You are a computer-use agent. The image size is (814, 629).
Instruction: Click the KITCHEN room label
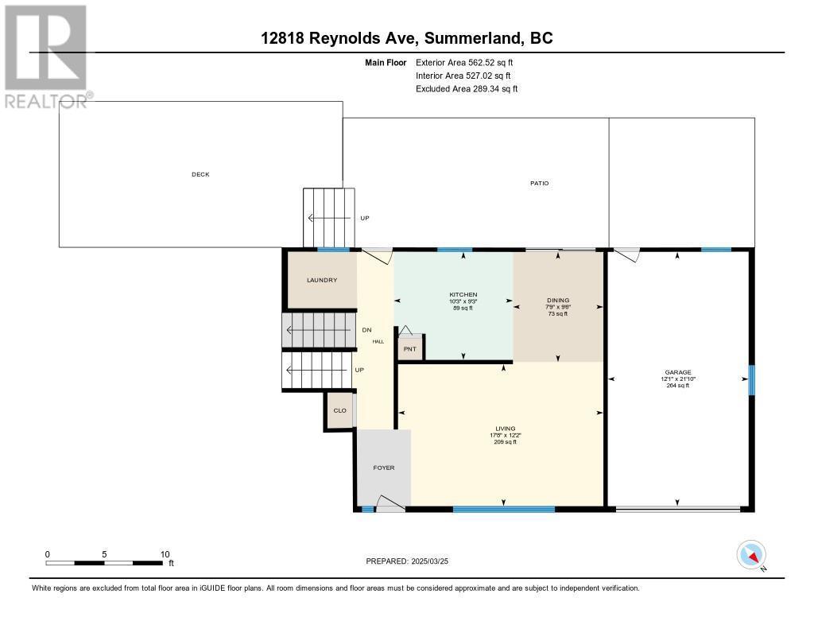click(463, 294)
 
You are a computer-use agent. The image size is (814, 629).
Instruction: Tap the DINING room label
click(557, 300)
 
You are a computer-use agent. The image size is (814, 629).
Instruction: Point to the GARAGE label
click(678, 371)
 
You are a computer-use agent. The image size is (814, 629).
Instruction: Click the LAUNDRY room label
click(322, 280)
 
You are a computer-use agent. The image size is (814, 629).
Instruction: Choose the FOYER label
click(384, 468)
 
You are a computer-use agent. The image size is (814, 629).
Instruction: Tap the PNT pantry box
click(410, 348)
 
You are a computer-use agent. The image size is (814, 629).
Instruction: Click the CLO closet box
click(339, 411)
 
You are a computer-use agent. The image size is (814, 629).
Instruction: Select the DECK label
click(200, 174)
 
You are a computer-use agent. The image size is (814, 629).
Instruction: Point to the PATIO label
click(540, 183)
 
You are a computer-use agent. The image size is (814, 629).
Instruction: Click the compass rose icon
click(751, 555)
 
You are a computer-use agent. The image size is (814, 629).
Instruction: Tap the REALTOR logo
click(46, 56)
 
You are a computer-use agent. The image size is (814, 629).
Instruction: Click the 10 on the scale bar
click(165, 554)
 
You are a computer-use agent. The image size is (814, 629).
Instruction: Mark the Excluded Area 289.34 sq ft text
click(467, 89)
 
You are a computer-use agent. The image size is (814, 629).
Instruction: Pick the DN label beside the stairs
click(366, 330)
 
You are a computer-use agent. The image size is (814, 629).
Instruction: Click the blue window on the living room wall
click(503, 508)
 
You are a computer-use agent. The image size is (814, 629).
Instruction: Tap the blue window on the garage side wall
click(751, 380)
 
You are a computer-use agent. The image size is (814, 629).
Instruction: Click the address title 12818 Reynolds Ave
click(406, 38)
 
